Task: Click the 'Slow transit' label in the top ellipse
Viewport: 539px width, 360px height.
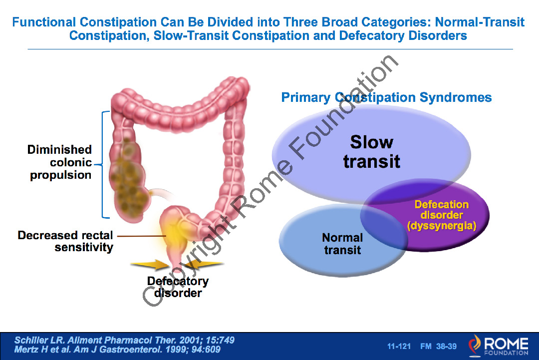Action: [372, 151]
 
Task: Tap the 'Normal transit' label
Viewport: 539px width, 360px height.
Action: [342, 244]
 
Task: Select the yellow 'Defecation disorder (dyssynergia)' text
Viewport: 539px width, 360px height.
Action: [442, 215]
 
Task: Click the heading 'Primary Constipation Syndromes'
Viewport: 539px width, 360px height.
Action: [386, 97]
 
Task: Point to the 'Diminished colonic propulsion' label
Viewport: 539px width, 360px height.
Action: [60, 162]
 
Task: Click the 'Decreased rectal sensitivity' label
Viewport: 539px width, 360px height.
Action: [65, 241]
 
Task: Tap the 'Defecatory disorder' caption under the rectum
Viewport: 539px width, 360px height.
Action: [178, 287]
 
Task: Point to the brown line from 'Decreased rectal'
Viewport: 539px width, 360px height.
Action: [140, 235]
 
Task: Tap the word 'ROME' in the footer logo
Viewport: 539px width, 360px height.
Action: [506, 343]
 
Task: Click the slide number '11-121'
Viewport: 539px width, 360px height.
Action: [399, 346]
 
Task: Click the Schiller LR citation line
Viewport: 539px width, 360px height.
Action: [124, 340]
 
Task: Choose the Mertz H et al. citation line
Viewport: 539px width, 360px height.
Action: [117, 350]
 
